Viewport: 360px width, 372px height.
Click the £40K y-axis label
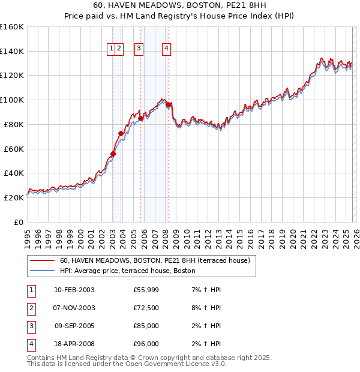[14, 173]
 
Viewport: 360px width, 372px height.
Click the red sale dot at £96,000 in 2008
[169, 104]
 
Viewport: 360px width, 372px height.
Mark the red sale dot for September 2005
[140, 118]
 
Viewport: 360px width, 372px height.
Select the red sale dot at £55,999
[113, 154]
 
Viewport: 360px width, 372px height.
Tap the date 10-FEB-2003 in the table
[74, 290]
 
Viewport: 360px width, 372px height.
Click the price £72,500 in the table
[146, 308]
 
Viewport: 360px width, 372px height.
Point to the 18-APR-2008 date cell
[74, 344]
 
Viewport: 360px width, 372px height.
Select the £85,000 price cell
[146, 326]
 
